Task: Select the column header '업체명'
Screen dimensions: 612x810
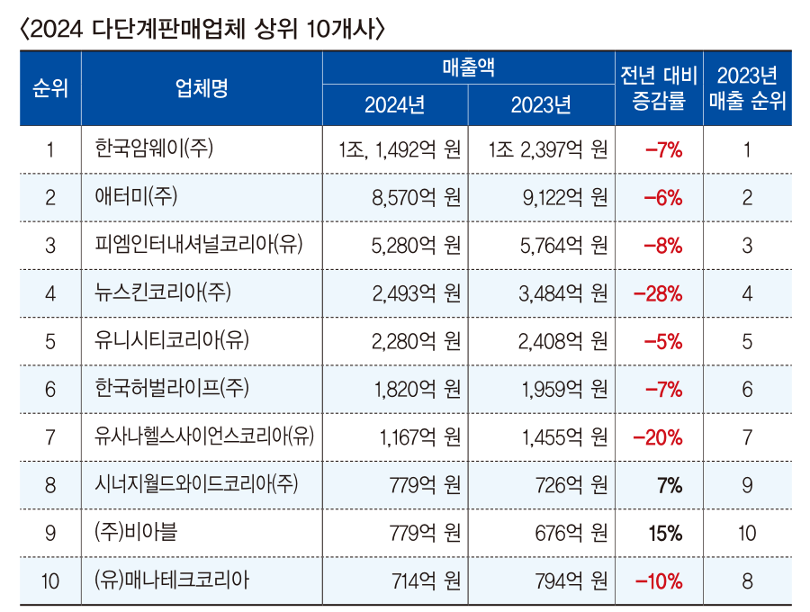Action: tap(202, 88)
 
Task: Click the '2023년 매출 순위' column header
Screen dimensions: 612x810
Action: tap(747, 88)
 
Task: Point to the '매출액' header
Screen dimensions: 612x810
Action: tap(468, 68)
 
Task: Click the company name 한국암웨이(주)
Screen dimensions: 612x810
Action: tap(154, 149)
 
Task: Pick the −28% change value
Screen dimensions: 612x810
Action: tap(658, 293)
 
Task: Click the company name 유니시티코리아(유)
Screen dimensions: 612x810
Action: tap(171, 341)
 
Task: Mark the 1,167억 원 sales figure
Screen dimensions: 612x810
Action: tap(416, 437)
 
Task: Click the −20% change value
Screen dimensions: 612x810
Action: tap(658, 437)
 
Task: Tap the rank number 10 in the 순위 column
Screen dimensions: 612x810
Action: tap(50, 580)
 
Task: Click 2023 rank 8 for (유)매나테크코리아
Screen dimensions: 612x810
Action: tap(747, 580)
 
